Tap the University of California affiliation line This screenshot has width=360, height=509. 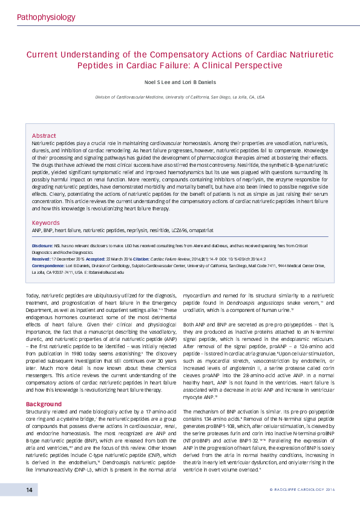coord(180,97)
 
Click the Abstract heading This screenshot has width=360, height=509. coord(44,136)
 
